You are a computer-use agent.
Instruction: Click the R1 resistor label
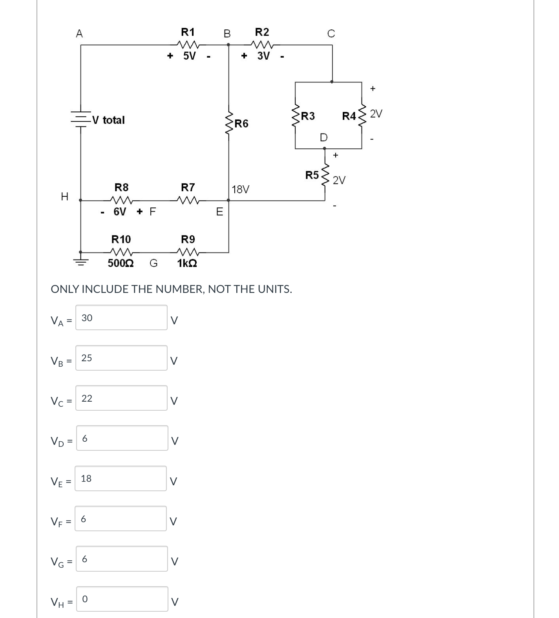(188, 32)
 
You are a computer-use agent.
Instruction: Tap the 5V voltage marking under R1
(189, 56)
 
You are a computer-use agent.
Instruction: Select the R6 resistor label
(241, 124)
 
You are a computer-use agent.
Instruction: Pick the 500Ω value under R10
(121, 263)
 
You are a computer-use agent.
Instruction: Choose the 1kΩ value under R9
(187, 263)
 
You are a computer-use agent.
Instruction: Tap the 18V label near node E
(240, 190)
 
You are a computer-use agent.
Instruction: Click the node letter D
(323, 137)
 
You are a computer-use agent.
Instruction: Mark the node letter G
(153, 263)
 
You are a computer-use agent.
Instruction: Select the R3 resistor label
(308, 116)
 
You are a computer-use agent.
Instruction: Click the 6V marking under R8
(120, 212)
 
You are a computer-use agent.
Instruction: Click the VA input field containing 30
(121, 318)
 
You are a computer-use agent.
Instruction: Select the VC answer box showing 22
(121, 398)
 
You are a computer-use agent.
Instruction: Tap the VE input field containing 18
(121, 478)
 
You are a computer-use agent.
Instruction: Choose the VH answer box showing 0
(122, 599)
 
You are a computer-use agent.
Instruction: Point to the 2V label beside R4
(376, 114)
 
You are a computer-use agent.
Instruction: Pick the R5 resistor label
(312, 175)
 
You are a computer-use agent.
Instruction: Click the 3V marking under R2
(263, 56)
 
